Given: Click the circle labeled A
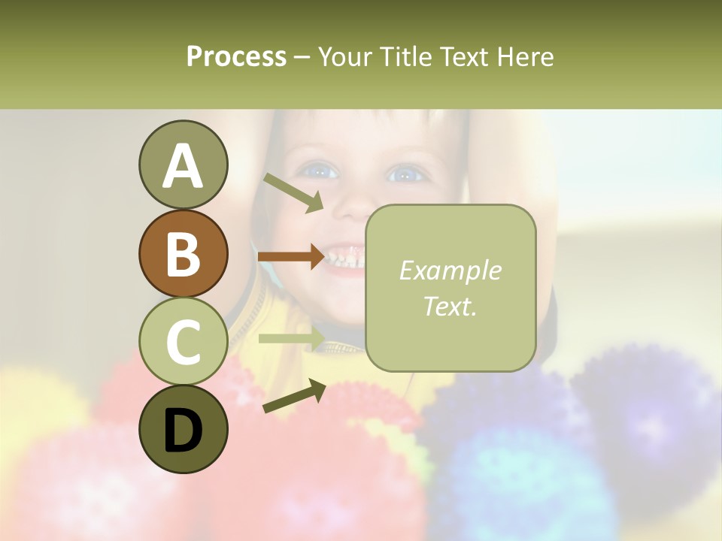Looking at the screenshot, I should click(x=183, y=165).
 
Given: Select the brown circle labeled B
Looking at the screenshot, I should click(x=183, y=253).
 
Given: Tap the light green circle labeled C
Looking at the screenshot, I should click(x=183, y=341).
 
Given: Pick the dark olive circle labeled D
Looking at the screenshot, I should click(x=183, y=429).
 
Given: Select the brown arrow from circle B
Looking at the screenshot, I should click(x=291, y=257).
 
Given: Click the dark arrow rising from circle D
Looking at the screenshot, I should click(x=293, y=397).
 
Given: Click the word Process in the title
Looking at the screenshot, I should click(x=236, y=56).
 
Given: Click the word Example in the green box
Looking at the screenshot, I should click(x=450, y=270).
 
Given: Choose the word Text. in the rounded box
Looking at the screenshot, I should click(x=450, y=306).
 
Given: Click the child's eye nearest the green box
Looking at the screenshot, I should click(x=406, y=174).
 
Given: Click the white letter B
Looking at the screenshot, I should click(x=183, y=253).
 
